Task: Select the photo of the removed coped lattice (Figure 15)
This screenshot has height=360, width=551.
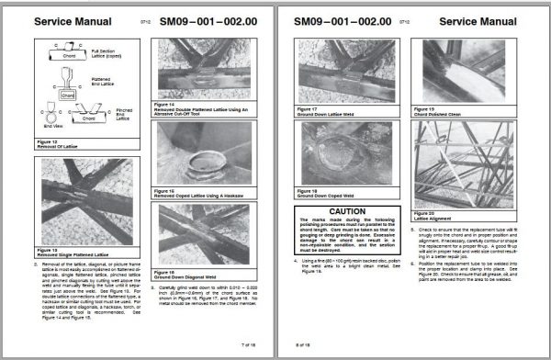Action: point(209,152)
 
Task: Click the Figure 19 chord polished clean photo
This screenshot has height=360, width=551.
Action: point(469,73)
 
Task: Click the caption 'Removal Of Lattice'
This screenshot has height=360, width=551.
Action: point(68,145)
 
